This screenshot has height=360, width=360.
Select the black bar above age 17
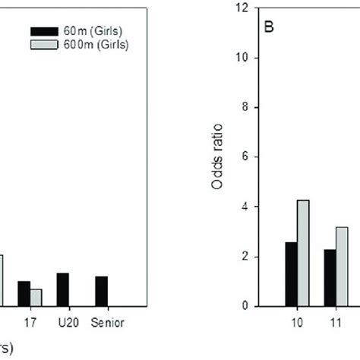[x=24, y=294]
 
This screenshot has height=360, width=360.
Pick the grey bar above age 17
[x=36, y=298]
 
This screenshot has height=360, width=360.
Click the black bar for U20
[x=62, y=289]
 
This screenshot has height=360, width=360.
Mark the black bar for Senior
[x=101, y=292]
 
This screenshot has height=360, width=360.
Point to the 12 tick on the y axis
[x=242, y=8]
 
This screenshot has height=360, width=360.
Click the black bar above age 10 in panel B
[x=291, y=274]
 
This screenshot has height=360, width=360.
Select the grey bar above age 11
[x=342, y=267]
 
